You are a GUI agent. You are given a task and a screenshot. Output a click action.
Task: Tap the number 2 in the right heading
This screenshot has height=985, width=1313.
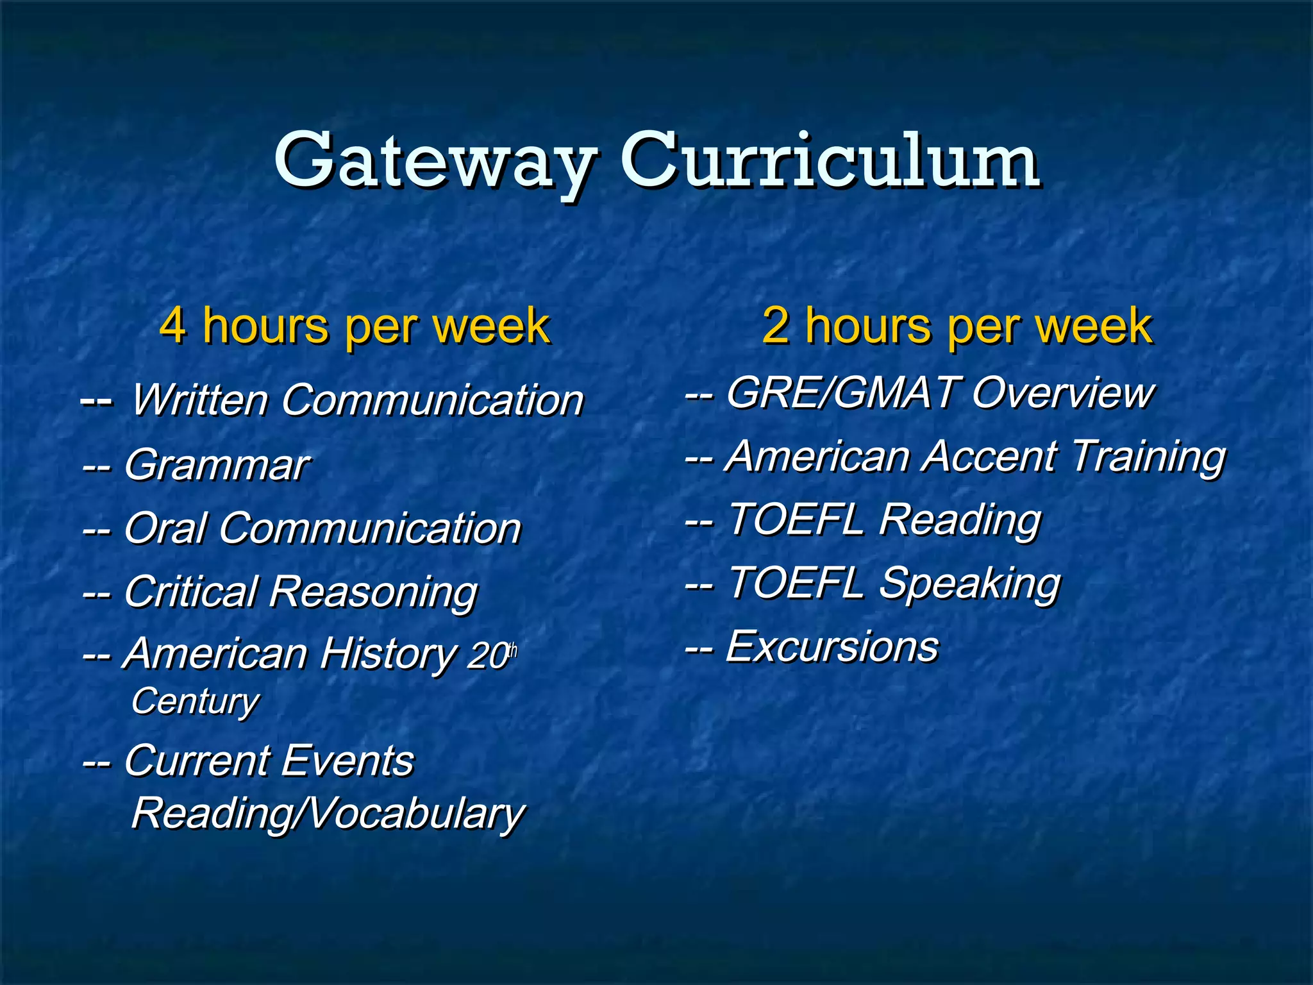coord(776,326)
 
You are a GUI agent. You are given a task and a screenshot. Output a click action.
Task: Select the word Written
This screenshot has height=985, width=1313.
coord(199,400)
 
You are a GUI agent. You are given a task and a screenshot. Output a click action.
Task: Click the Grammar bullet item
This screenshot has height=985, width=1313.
coord(215,464)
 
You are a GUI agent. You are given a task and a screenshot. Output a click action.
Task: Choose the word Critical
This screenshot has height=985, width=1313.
coord(190,591)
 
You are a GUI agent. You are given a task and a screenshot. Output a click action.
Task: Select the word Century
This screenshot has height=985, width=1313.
coord(195,702)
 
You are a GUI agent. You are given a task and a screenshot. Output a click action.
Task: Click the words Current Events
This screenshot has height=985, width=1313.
coord(269,761)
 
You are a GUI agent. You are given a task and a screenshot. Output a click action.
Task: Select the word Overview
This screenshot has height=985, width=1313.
coord(1062,392)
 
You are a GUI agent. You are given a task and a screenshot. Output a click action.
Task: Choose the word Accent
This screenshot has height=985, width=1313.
coord(990,457)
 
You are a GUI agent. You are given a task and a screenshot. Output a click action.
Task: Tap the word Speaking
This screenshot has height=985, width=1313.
coord(969,584)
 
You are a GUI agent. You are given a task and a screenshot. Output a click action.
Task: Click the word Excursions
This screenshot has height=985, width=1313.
coord(832,646)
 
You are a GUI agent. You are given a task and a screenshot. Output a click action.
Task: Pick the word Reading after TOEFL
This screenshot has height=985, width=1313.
coord(960,520)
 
